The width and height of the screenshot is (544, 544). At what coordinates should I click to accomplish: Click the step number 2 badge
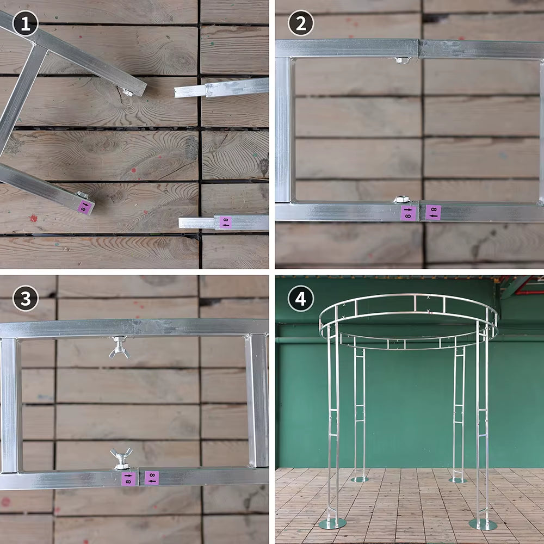[x=301, y=23]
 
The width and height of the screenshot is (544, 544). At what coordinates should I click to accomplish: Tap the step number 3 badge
[x=25, y=299]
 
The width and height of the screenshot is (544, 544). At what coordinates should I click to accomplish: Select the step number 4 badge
[x=301, y=299]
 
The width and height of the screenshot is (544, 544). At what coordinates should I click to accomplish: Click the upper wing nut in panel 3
[x=119, y=348]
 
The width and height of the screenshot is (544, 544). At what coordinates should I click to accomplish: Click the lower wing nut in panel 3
[x=121, y=459]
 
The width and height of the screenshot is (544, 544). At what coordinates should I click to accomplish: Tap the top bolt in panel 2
[x=401, y=59]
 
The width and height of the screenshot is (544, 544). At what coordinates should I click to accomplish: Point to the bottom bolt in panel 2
[x=401, y=200]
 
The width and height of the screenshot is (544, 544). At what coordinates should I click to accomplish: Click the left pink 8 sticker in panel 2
[x=408, y=213]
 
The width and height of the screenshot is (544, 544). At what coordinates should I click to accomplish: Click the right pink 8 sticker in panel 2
[x=433, y=212]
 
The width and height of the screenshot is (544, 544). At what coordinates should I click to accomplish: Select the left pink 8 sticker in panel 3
[x=128, y=479]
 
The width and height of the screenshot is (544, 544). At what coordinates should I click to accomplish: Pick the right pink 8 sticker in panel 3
[x=152, y=478]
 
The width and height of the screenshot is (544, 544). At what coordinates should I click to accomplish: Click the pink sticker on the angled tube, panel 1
[x=85, y=207]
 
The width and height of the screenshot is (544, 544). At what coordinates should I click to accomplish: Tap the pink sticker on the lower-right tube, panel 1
[x=225, y=222]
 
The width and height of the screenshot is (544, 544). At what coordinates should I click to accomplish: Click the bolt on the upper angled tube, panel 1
[x=127, y=93]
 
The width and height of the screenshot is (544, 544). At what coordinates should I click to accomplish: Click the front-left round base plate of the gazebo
[x=332, y=524]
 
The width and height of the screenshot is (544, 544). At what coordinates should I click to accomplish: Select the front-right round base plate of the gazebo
[x=483, y=524]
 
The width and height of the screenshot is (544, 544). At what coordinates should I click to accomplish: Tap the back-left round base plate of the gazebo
[x=359, y=479]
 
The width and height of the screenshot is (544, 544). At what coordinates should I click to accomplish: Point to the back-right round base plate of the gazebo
[x=458, y=480]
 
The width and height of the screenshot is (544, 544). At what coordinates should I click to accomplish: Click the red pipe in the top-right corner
[x=530, y=292]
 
